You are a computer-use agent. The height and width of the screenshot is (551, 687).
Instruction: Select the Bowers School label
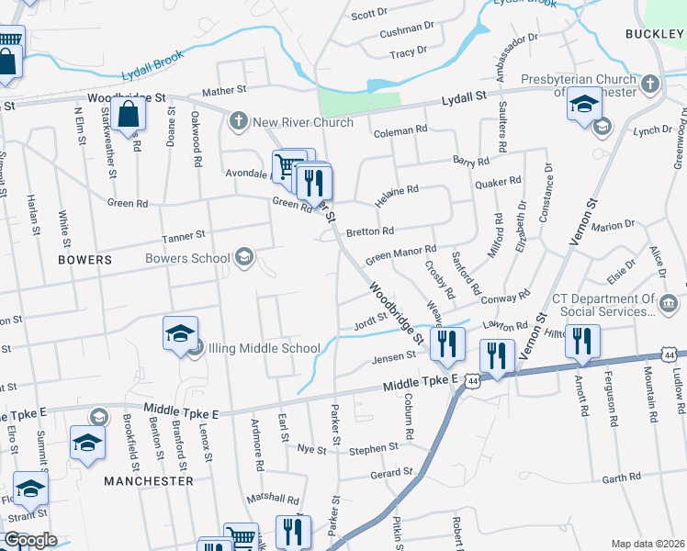pos(187,258)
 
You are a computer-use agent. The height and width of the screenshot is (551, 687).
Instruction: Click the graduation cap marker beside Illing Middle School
pos(181,333)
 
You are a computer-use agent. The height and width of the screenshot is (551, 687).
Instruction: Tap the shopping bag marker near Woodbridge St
pos(130,116)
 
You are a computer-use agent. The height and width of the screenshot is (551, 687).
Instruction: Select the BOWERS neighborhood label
pos(84,260)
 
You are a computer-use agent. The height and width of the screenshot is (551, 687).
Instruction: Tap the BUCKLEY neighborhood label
pos(655,34)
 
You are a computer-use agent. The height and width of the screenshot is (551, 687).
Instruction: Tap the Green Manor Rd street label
pos(400,250)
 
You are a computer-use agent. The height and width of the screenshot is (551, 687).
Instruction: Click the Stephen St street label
pos(373,448)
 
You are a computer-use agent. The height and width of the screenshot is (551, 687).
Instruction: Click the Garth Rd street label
pos(621,478)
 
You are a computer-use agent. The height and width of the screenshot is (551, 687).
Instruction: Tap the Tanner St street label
pos(183,237)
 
